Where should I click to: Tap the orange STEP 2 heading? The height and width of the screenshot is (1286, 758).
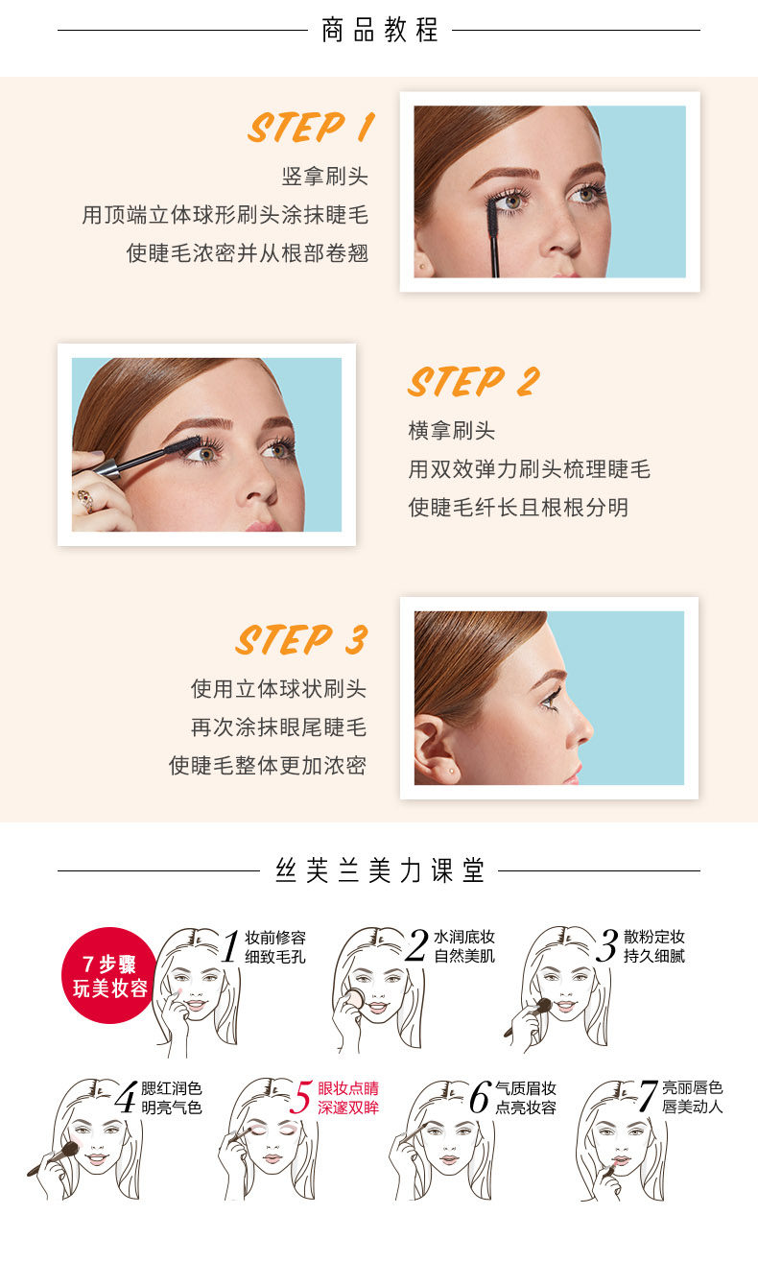(x=473, y=382)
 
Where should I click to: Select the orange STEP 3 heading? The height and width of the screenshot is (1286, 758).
(x=301, y=640)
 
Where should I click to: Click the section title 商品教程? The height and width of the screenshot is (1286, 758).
(x=380, y=30)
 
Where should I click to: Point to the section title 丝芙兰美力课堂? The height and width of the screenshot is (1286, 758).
(x=380, y=870)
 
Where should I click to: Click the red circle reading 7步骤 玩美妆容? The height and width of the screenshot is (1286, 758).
(x=109, y=975)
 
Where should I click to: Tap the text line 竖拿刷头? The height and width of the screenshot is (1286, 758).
(x=324, y=177)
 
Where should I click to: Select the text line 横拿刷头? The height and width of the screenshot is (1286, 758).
(x=452, y=431)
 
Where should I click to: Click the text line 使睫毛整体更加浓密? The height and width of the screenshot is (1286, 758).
(x=268, y=766)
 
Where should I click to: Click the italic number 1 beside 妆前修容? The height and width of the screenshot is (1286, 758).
(x=230, y=947)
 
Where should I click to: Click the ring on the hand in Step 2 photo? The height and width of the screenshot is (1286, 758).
(x=84, y=499)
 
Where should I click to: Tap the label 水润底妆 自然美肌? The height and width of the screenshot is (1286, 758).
(x=464, y=946)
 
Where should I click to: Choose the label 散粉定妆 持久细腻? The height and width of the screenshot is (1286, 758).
(x=654, y=946)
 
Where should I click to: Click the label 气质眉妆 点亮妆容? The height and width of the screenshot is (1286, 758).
(x=526, y=1098)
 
